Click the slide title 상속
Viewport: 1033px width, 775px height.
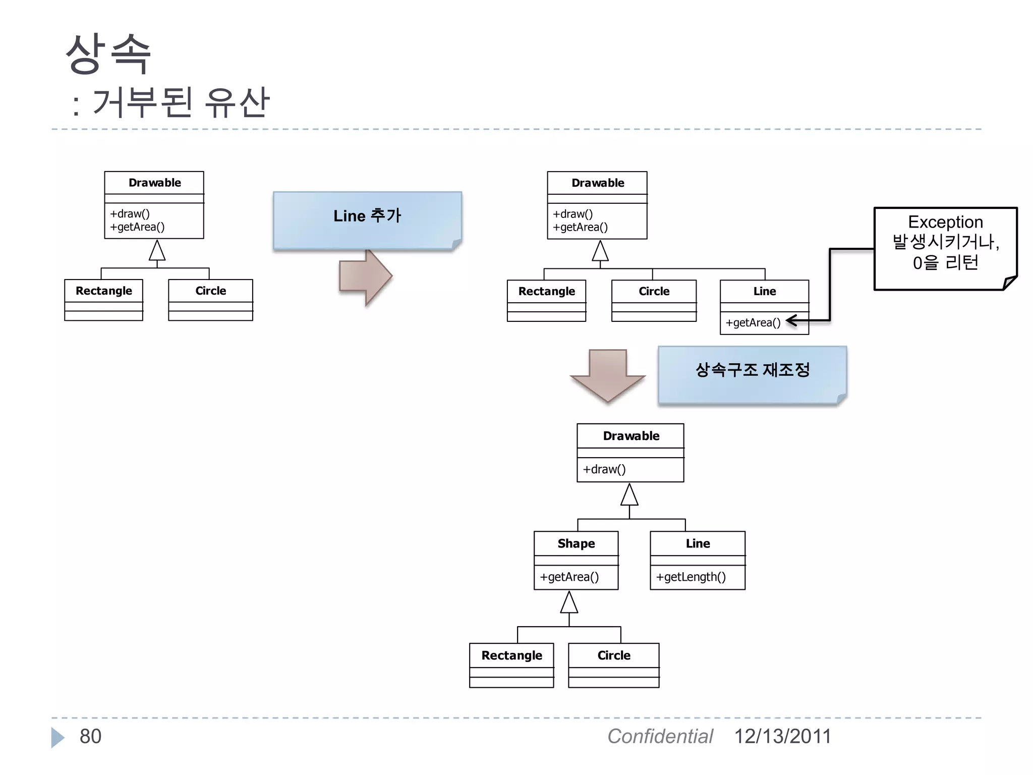pos(108,54)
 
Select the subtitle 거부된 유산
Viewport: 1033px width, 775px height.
pos(181,103)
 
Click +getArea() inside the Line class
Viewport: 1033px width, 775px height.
pos(753,323)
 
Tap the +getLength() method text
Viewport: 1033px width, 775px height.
pos(691,577)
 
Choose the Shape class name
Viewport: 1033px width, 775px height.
pos(576,544)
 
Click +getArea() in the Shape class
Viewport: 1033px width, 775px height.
pos(569,577)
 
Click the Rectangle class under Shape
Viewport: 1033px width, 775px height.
pos(511,656)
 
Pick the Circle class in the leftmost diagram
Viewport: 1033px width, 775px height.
pos(210,291)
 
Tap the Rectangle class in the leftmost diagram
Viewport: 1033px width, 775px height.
pos(104,291)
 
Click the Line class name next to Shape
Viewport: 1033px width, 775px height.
pos(698,544)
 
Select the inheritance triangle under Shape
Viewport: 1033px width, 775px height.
pos(569,602)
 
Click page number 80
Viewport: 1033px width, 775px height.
pos(90,737)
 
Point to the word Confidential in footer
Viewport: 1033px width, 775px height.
pos(660,737)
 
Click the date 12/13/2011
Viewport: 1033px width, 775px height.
pos(782,737)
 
